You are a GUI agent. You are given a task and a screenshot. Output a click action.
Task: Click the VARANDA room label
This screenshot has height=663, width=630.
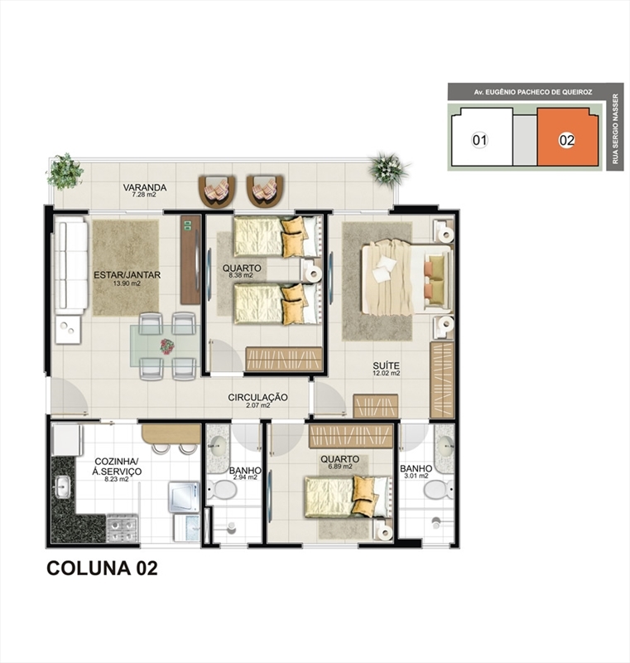tap(144, 187)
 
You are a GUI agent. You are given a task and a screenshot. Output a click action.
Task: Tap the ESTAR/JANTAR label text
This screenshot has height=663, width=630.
tap(127, 275)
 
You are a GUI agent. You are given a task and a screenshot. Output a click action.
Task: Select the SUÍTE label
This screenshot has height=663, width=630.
tap(386, 365)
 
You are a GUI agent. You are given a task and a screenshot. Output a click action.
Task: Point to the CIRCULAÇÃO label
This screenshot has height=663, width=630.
tap(257, 398)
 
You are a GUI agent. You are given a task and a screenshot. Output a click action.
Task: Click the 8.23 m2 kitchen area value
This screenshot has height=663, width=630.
tap(117, 480)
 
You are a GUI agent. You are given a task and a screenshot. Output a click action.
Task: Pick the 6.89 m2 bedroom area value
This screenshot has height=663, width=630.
tap(340, 467)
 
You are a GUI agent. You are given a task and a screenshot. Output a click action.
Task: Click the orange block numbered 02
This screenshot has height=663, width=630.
tap(567, 137)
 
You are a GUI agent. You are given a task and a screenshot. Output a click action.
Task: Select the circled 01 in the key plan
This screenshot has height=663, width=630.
tap(479, 140)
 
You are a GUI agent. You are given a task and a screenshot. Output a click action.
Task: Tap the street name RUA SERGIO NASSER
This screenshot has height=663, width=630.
tap(615, 129)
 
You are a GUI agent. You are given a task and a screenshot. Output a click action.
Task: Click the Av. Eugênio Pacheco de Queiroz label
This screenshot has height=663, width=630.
tap(533, 92)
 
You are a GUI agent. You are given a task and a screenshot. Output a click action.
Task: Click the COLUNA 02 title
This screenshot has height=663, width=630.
tap(102, 568)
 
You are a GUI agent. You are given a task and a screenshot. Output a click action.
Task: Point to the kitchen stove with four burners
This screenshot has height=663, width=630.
tap(122, 529)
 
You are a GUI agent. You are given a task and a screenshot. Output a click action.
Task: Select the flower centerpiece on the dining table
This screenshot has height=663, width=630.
tap(167, 346)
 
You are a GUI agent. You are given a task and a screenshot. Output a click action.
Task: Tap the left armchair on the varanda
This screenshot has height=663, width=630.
tap(217, 191)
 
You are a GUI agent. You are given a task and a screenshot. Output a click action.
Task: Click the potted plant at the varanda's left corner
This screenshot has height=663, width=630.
tap(65, 170)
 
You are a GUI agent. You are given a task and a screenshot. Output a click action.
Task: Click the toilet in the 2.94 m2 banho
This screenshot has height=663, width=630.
tap(220, 489)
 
